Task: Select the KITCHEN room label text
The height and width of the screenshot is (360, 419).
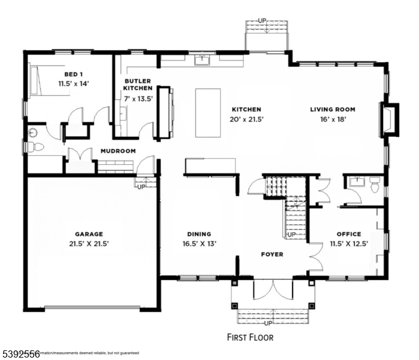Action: tap(246, 110)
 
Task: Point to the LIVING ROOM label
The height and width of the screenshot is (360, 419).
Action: tap(333, 110)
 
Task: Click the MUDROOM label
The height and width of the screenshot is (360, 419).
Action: tap(117, 151)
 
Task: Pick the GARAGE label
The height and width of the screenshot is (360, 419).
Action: tap(89, 234)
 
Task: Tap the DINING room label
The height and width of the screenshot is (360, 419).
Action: tap(198, 234)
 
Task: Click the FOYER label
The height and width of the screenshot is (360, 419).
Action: tap(272, 254)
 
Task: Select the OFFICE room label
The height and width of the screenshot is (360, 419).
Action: tap(349, 234)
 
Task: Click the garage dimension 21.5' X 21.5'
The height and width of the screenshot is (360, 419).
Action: tap(89, 244)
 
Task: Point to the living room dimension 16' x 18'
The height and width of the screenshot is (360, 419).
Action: tap(333, 119)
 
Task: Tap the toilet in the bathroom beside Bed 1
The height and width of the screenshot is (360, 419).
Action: tap(36, 146)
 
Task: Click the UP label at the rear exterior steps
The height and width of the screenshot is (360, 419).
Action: tap(261, 21)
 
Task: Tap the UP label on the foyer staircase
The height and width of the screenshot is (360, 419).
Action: tap(291, 234)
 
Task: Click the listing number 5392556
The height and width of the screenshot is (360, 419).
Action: tap(20, 355)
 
